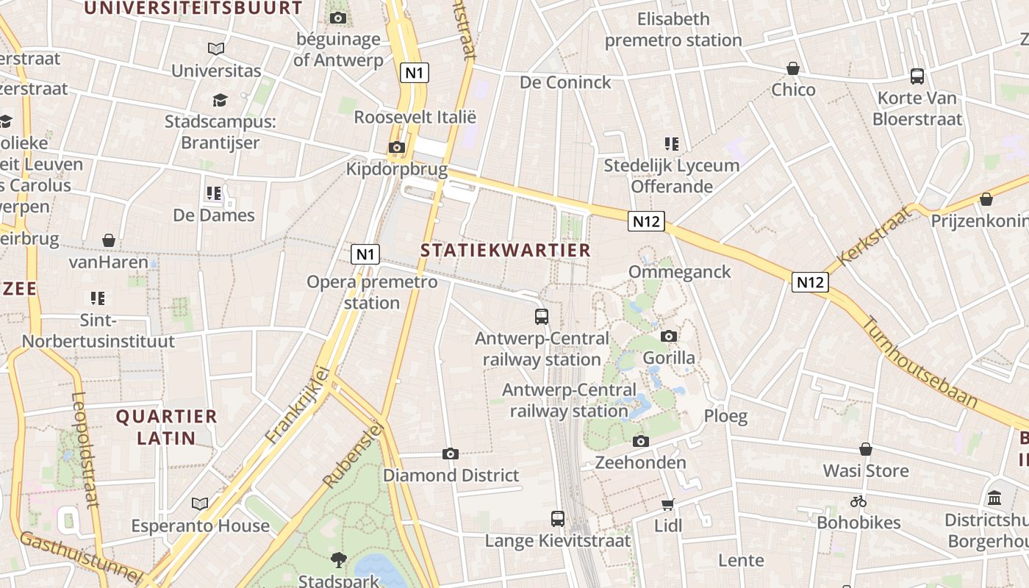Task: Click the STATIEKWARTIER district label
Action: (x=506, y=250)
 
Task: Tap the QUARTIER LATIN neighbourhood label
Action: (x=167, y=427)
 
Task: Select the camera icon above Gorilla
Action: (x=669, y=337)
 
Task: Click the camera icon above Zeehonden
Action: (x=641, y=442)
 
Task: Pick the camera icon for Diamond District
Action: (x=451, y=454)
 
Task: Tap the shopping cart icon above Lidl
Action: (x=668, y=504)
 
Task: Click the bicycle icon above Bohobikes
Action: (x=858, y=502)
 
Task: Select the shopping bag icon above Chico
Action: (x=793, y=69)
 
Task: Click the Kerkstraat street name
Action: (x=874, y=236)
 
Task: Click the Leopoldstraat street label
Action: (x=85, y=450)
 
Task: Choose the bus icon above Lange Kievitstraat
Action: (x=558, y=519)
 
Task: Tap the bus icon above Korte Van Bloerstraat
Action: (x=917, y=76)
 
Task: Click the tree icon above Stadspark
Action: (x=339, y=560)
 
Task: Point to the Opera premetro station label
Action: (x=372, y=292)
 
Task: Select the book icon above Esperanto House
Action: (x=200, y=504)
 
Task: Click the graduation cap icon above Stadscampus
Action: (x=220, y=100)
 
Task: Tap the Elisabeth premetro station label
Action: (x=673, y=29)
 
